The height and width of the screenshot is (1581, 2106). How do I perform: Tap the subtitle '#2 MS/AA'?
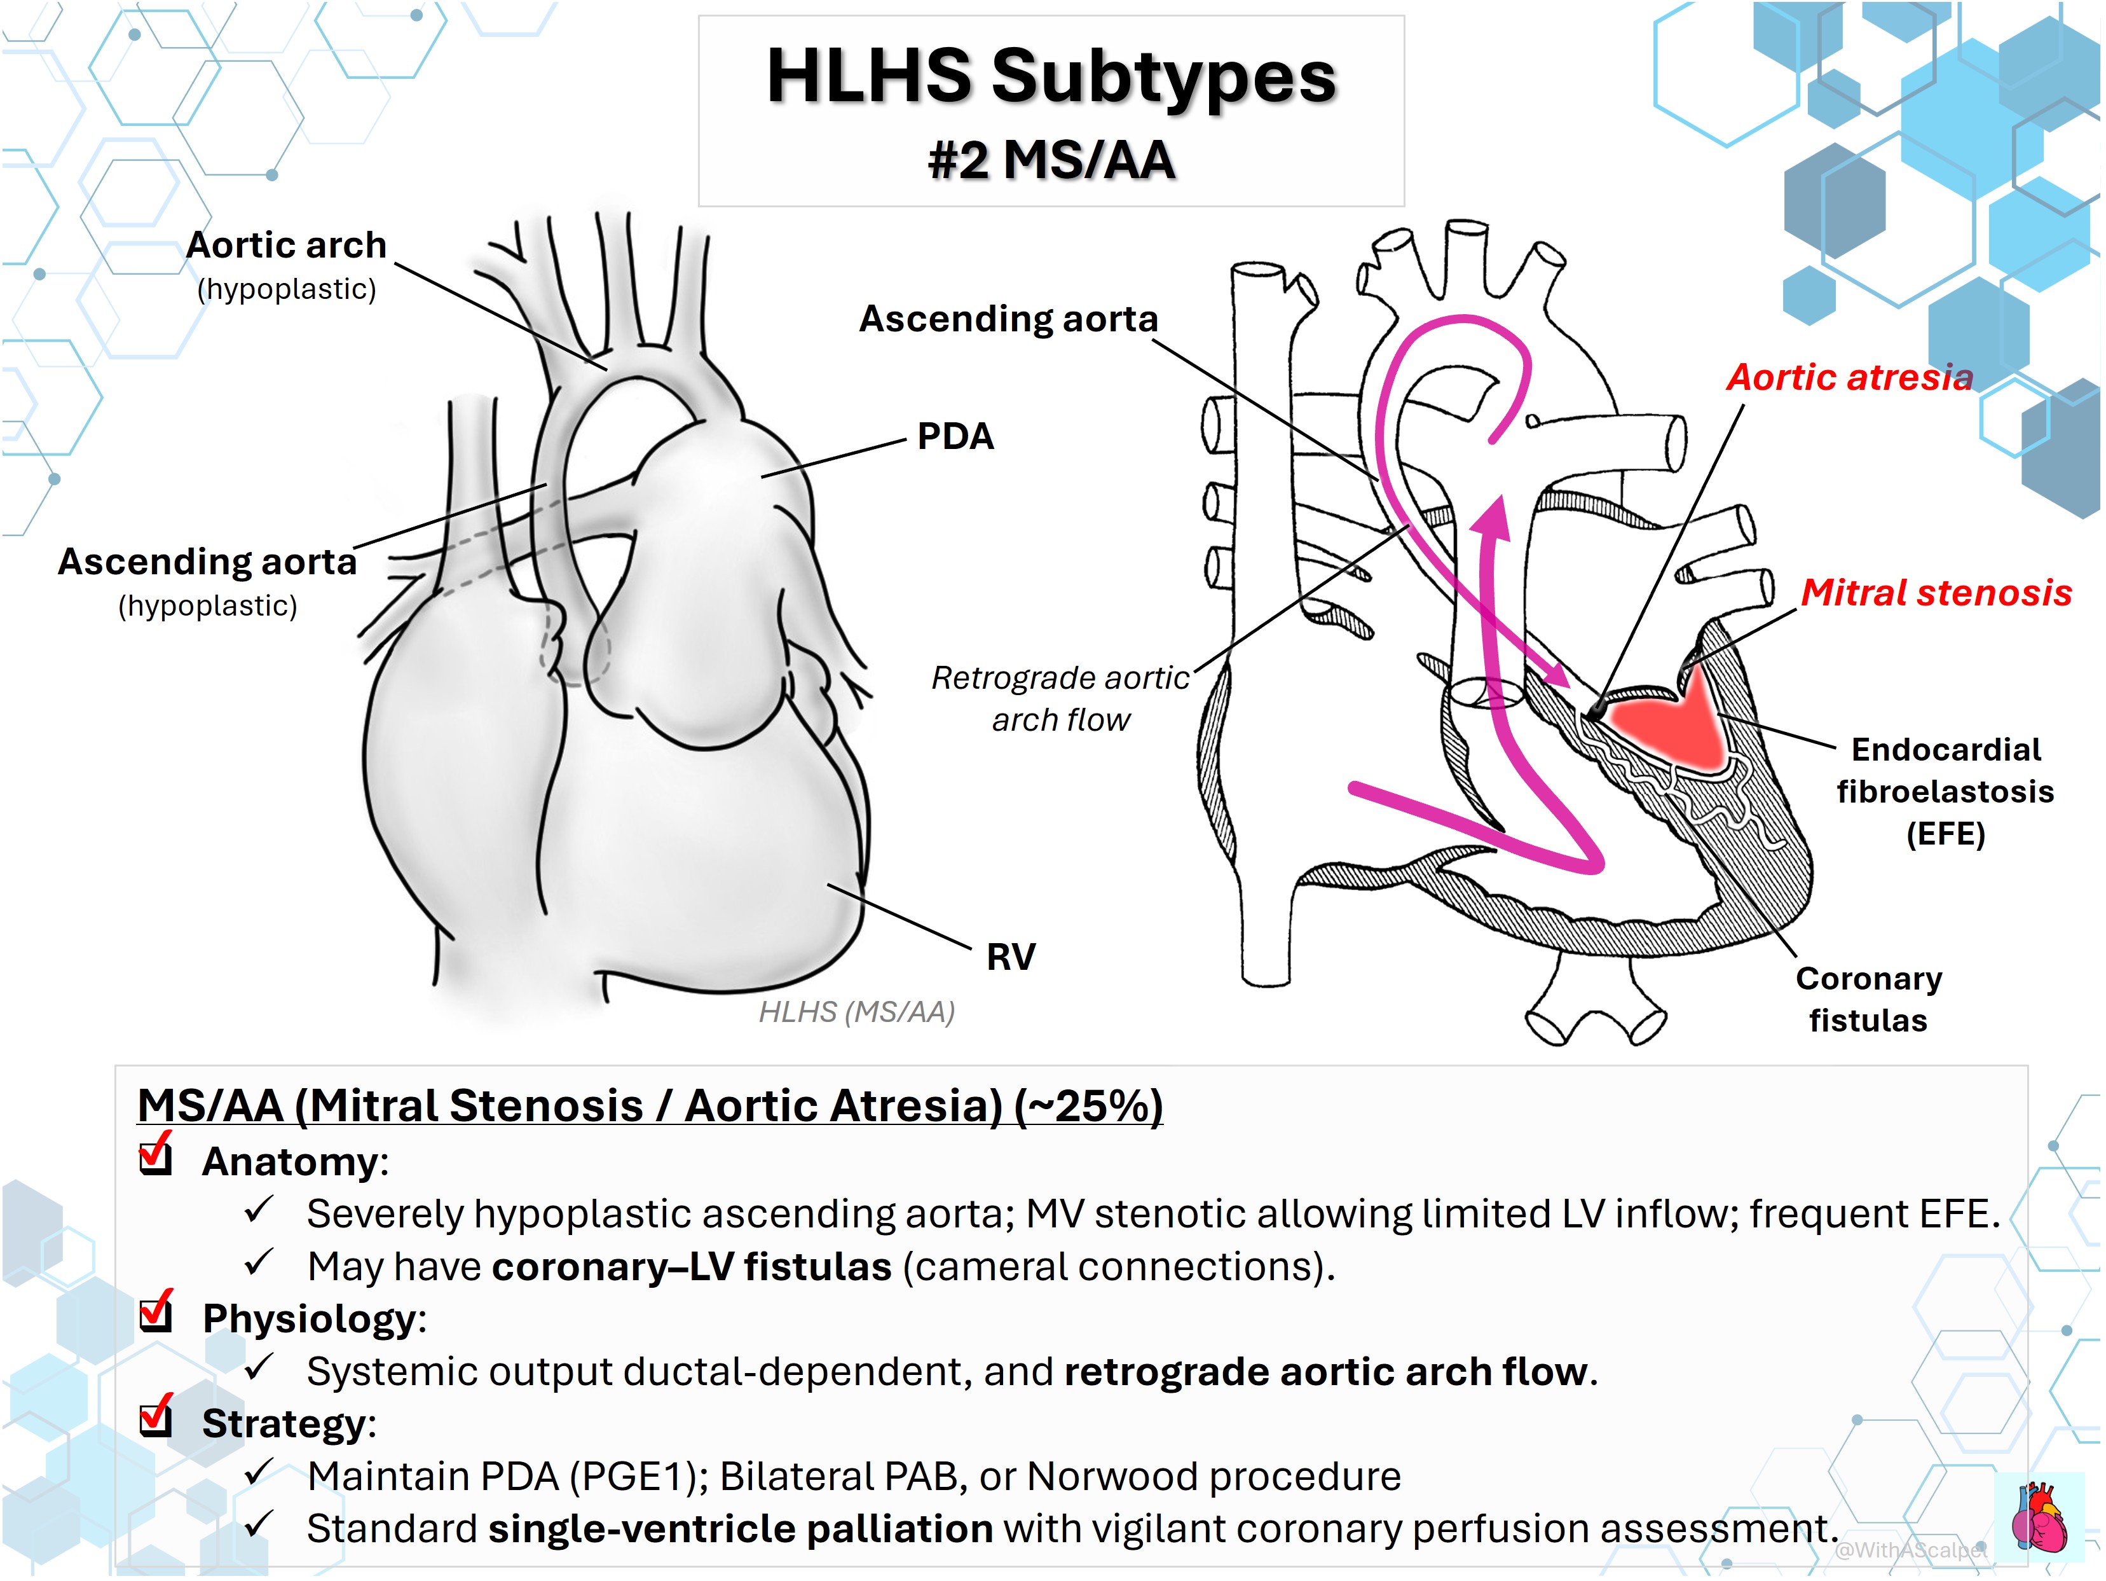pyautogui.click(x=1051, y=159)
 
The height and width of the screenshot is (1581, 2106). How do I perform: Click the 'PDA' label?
pyautogui.click(x=955, y=436)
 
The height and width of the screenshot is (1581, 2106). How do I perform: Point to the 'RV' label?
pyautogui.click(x=1010, y=956)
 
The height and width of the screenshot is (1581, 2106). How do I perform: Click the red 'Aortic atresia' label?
pyautogui.click(x=1850, y=377)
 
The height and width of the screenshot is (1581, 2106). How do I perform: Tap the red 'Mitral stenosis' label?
pyautogui.click(x=1936, y=593)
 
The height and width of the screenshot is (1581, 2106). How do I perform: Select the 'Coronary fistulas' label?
pyautogui.click(x=1868, y=999)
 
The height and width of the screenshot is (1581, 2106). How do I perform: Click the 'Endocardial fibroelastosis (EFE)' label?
pyautogui.click(x=1945, y=791)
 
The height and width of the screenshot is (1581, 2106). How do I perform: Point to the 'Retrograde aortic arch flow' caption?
pyautogui.click(x=1060, y=698)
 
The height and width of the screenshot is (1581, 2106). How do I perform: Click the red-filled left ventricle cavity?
pyautogui.click(x=1676, y=724)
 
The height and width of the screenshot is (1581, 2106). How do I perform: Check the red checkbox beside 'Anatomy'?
pyautogui.click(x=155, y=1156)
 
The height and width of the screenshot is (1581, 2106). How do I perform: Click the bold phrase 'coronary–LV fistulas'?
pyautogui.click(x=692, y=1267)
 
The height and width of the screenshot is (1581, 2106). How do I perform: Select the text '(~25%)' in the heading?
pyautogui.click(x=1088, y=1106)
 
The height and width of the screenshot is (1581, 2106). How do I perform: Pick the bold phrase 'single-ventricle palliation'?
pyautogui.click(x=741, y=1529)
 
